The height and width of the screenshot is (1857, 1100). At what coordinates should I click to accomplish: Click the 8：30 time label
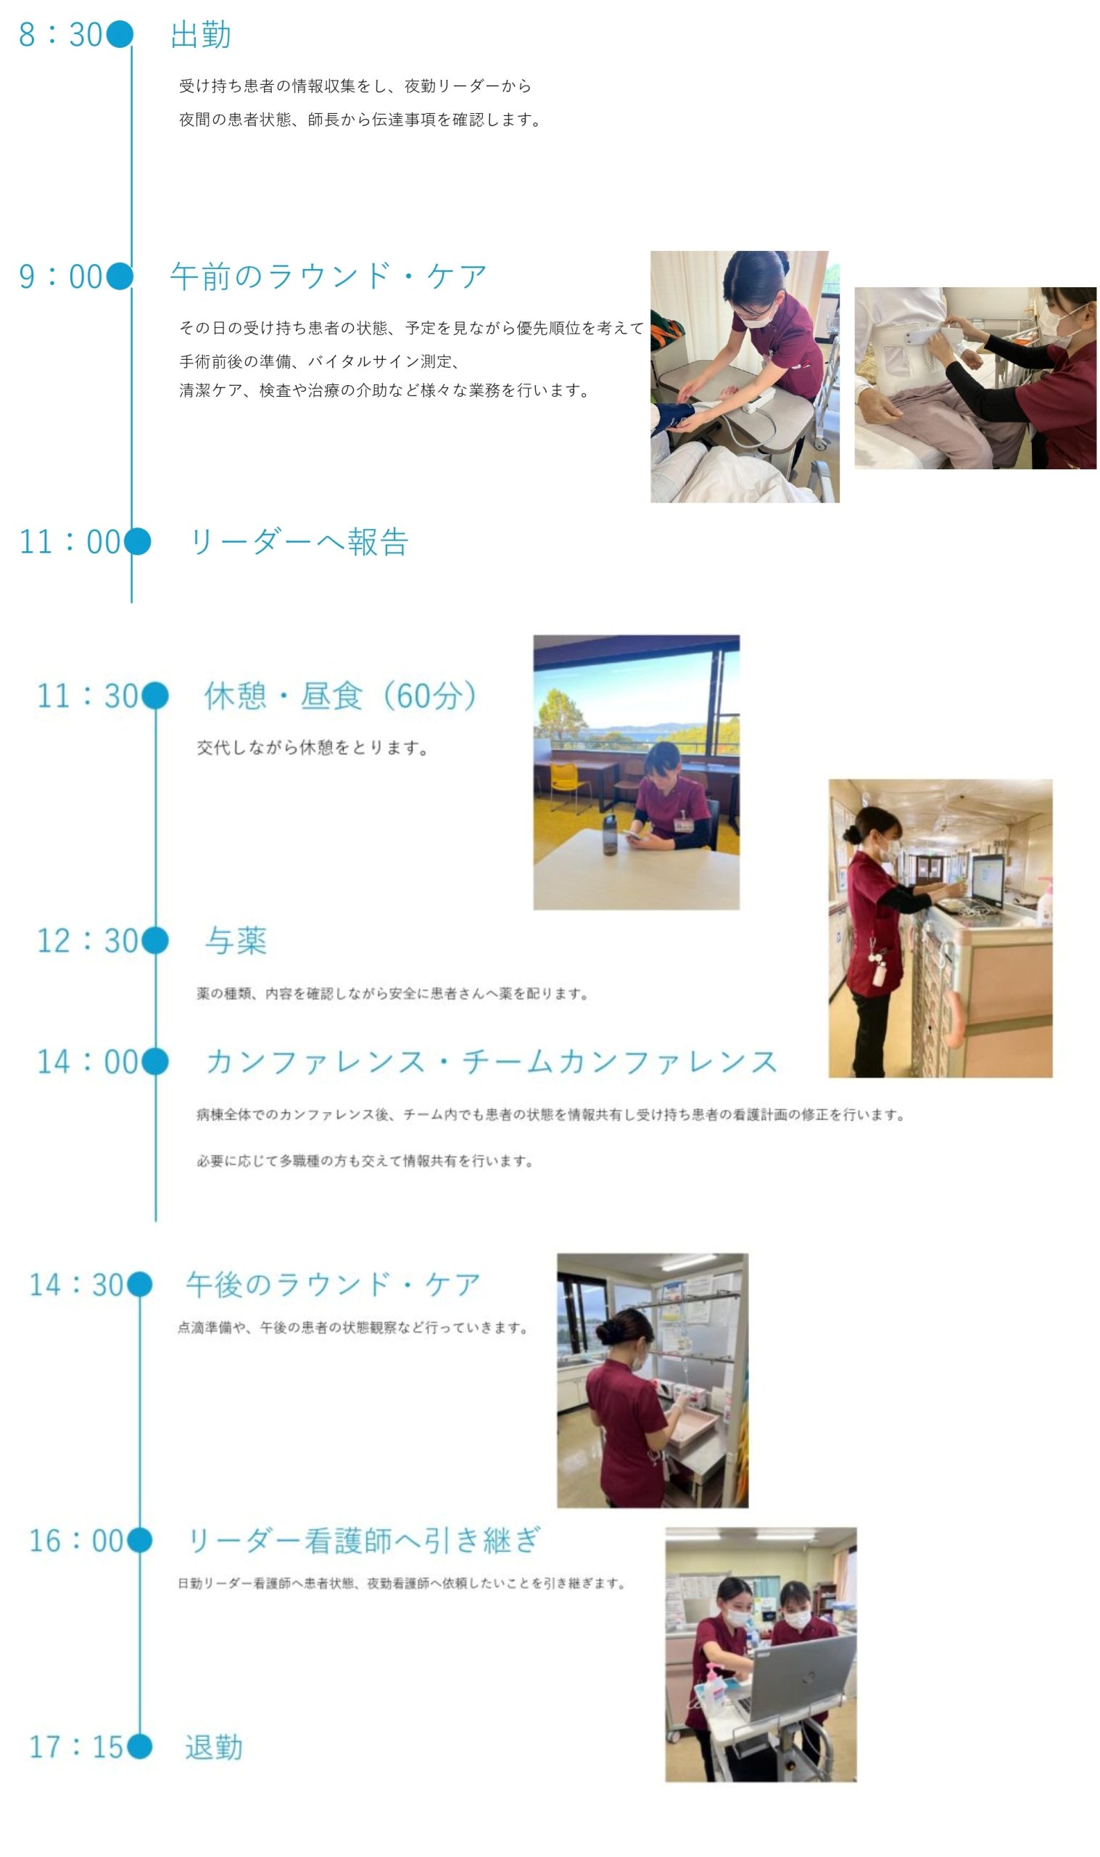[x=61, y=34]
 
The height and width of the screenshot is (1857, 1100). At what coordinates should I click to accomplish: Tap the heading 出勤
[x=201, y=34]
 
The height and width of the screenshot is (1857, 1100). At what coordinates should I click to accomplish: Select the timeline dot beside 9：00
[x=120, y=276]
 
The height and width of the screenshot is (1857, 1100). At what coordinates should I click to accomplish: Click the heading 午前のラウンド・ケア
[x=328, y=276]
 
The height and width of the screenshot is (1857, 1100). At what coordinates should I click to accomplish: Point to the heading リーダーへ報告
[x=299, y=542]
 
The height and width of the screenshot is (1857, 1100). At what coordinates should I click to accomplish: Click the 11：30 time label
[x=88, y=696]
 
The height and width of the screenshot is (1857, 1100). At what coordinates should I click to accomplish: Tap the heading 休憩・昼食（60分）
[x=340, y=696]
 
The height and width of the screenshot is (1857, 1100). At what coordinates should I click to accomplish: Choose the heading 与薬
[x=236, y=941]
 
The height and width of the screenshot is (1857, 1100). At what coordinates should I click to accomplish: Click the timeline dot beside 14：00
[x=154, y=1061]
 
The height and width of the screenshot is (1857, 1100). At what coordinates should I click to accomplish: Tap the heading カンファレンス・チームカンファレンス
[x=492, y=1061]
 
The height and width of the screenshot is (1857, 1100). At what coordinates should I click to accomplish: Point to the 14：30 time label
[x=75, y=1285]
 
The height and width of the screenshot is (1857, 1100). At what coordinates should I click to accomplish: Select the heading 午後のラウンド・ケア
[x=333, y=1285]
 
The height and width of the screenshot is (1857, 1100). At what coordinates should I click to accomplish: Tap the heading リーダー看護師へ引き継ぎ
[x=364, y=1541]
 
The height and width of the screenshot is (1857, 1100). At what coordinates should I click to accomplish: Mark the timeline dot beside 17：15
[x=139, y=1747]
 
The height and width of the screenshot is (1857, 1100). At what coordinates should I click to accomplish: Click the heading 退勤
[x=214, y=1747]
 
